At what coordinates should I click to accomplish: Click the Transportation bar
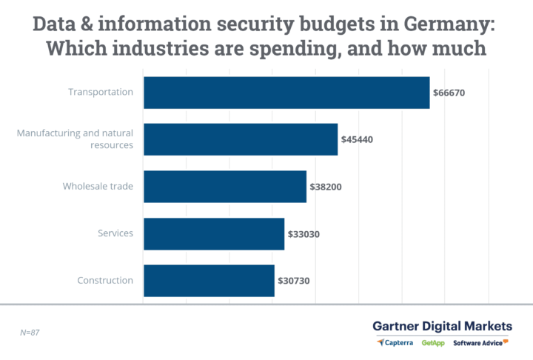click(x=286, y=93)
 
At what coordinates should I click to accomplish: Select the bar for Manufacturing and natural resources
click(x=241, y=139)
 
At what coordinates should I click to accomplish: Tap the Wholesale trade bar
click(x=225, y=187)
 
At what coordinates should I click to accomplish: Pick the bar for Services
click(x=214, y=233)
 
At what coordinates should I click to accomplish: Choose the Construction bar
click(x=209, y=281)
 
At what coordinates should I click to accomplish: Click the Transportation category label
click(x=101, y=93)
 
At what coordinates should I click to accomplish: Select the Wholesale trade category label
click(x=98, y=187)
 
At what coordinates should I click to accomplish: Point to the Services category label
click(x=115, y=233)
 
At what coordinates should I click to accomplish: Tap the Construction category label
click(x=105, y=281)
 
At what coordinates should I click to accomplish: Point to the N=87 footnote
click(x=30, y=333)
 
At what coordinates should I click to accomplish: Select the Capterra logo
click(x=396, y=343)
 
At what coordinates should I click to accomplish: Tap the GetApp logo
click(x=434, y=343)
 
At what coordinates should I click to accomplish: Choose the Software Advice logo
click(x=480, y=343)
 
